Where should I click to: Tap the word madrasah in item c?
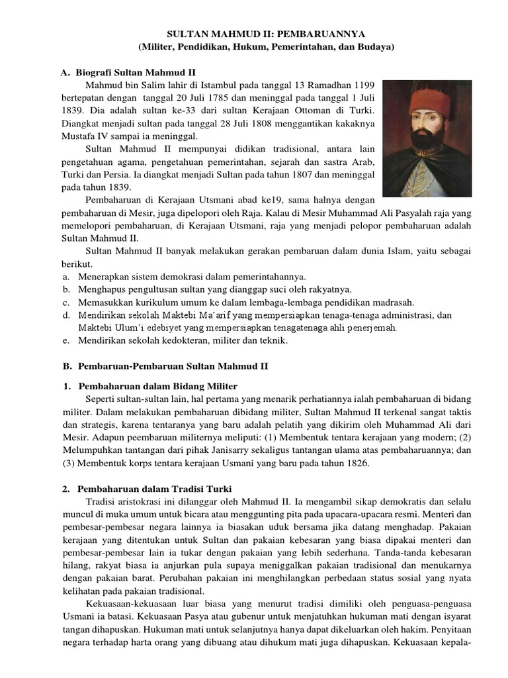[x=394, y=302]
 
